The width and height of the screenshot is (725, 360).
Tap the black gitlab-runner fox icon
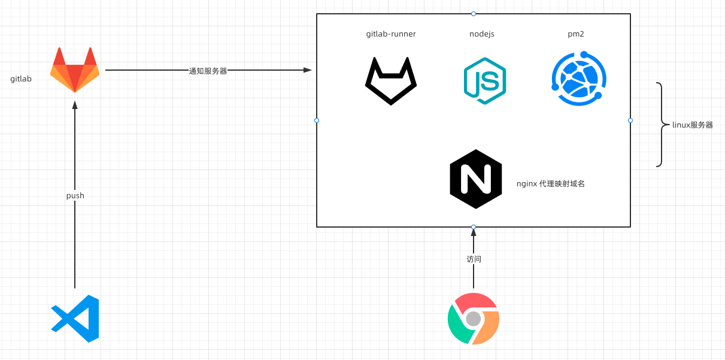click(391, 81)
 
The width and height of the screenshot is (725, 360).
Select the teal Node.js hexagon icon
click(485, 81)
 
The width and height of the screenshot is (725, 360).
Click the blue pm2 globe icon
click(578, 79)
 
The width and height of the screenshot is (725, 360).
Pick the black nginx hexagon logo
click(475, 179)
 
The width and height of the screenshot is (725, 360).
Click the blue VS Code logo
click(75, 318)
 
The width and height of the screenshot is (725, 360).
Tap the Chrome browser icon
click(474, 319)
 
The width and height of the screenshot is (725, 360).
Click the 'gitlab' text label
click(21, 78)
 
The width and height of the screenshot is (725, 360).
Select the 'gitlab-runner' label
click(391, 34)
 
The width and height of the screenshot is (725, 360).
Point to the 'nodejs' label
click(482, 34)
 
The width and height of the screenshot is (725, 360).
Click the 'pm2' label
click(577, 34)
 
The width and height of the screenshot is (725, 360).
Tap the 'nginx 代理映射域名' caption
click(550, 184)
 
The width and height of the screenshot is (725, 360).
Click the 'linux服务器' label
click(693, 125)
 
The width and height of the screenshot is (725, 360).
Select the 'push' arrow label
click(75, 196)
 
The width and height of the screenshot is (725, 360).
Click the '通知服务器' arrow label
click(208, 71)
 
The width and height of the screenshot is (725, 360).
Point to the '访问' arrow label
click(474, 259)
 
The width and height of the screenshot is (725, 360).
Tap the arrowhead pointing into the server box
click(308, 70)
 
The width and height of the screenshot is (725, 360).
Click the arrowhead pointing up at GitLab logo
click(75, 105)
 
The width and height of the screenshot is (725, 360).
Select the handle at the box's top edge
click(474, 13)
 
